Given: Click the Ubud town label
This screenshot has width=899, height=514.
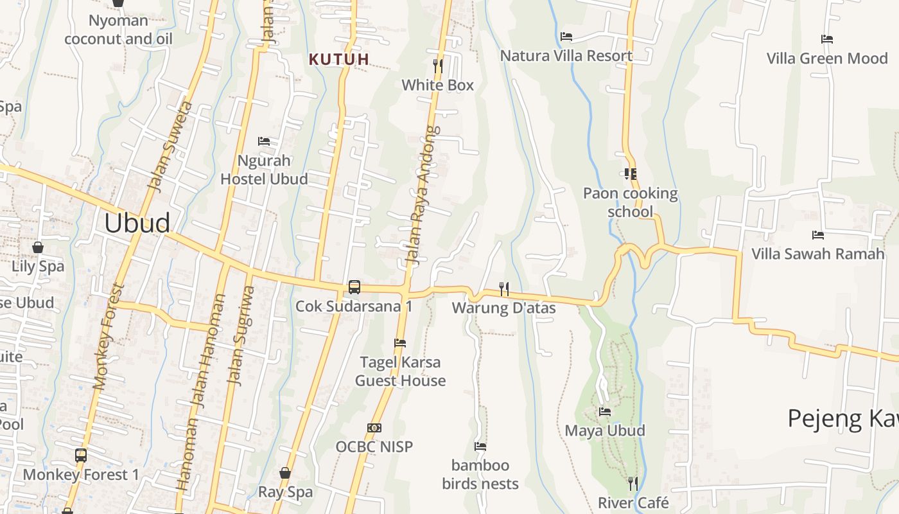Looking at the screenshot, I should click(137, 223).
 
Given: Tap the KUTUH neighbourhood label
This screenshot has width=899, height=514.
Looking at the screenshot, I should click(339, 60).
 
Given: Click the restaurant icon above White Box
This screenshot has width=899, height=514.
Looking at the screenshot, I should click(438, 66).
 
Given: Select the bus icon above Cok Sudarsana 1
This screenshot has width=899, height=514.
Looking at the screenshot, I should click(354, 287).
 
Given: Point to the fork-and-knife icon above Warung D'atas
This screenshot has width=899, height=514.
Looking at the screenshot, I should click(504, 289).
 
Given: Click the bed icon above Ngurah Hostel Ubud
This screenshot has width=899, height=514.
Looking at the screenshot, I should click(264, 141).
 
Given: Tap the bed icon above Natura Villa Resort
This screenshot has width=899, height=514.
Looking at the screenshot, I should click(566, 37).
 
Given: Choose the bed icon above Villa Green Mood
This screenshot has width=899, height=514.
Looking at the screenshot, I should click(827, 39).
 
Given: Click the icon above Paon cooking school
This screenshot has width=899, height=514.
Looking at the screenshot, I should click(630, 174).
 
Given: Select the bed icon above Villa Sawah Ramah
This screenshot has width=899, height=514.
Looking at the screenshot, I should click(818, 235).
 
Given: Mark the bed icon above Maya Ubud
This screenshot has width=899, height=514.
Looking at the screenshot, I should click(605, 411).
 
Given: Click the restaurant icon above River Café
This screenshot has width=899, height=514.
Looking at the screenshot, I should click(633, 483).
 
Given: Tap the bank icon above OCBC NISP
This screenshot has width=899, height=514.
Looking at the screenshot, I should click(374, 427).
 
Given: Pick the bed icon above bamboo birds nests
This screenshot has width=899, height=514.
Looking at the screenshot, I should click(480, 446).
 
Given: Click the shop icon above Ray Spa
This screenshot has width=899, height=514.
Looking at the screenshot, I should click(285, 474).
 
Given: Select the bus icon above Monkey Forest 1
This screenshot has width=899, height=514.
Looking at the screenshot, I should click(81, 456).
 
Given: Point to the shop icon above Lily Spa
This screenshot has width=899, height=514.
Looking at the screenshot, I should click(38, 247).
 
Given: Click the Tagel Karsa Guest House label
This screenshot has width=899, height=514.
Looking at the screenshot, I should click(400, 371).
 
